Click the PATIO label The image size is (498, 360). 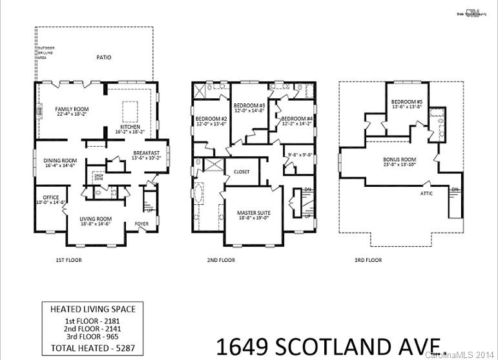pos(104,58)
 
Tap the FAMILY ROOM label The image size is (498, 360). pos(71,109)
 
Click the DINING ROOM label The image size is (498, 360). pos(60,161)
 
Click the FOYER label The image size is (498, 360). pos(141,225)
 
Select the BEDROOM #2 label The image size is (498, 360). pos(211,119)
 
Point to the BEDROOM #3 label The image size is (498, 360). pos(249,105)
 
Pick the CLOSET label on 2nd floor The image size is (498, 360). pos(242,172)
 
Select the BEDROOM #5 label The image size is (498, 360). pos(407,101)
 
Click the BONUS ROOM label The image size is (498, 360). pos(399,159)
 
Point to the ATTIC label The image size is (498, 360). pos(426,193)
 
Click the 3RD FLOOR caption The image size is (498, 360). pos(368,260)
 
